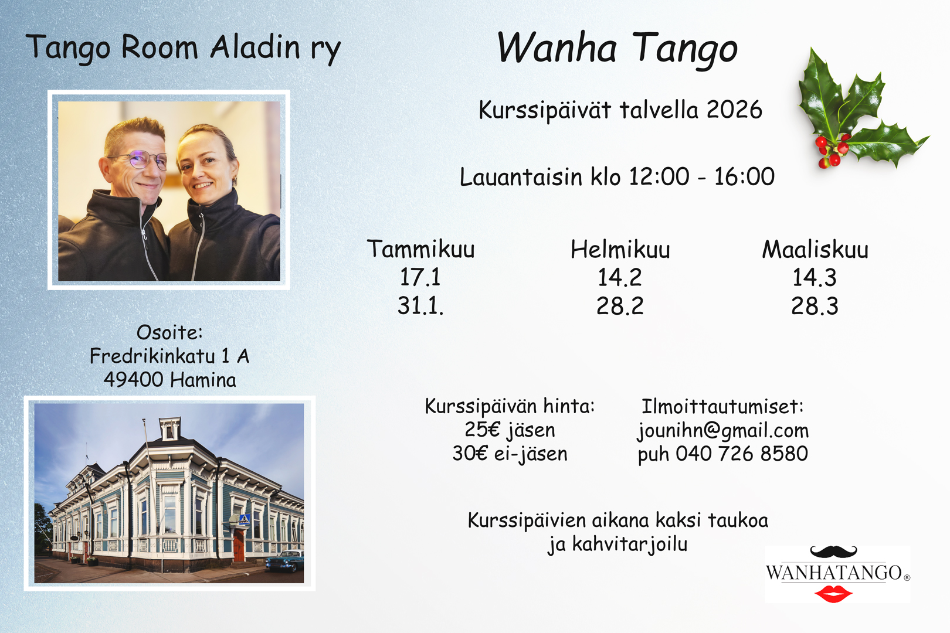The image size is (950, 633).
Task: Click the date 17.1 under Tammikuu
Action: [x=420, y=278]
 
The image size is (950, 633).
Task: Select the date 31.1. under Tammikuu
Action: [x=420, y=306]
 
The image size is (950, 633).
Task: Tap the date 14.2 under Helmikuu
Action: [x=620, y=278]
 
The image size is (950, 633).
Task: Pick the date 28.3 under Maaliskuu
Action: [x=815, y=306]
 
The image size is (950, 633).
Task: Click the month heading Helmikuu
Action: [x=620, y=249]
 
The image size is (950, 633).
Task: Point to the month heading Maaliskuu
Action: [x=815, y=249]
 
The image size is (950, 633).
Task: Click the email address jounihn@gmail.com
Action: [x=723, y=431]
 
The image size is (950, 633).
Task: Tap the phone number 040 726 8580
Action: [x=742, y=454]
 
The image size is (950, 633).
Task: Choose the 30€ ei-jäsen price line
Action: [x=510, y=454]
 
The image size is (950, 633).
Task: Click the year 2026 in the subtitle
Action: [x=734, y=110]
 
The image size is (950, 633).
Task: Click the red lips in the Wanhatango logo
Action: [x=833, y=594]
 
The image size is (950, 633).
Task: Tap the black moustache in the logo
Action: [x=833, y=552]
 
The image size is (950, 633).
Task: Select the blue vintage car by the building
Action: [x=284, y=560]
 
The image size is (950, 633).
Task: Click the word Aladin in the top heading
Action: [x=255, y=47]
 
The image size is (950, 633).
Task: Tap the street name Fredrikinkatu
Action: [x=152, y=356]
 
